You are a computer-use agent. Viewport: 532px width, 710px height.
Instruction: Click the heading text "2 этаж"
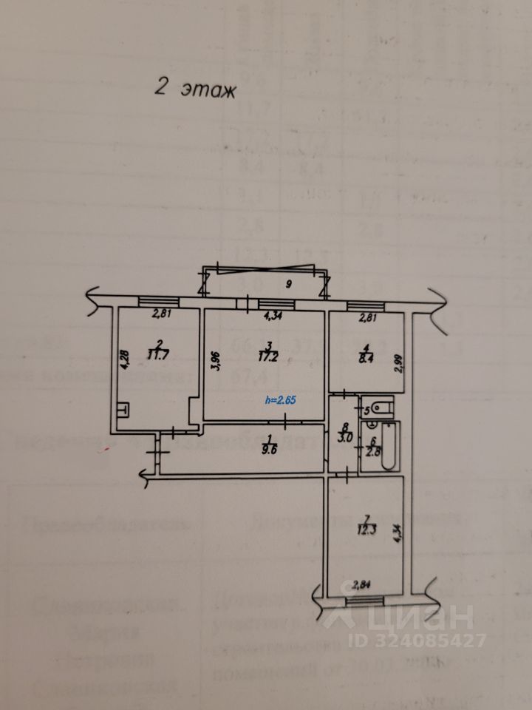pos(194,89)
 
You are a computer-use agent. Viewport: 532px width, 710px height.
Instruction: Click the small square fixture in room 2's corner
pos(123,407)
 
